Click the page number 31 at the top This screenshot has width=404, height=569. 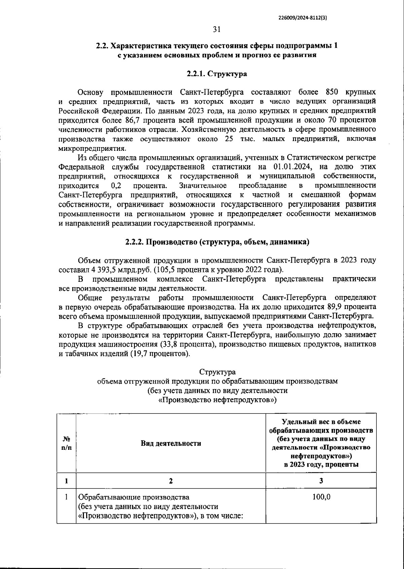[x=216, y=30]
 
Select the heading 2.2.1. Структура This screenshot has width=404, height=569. [x=216, y=74]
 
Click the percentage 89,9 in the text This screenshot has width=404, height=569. [x=335, y=307]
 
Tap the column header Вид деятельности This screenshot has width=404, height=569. [x=171, y=443]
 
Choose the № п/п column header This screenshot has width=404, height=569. [x=67, y=443]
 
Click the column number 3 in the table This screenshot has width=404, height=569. [x=321, y=481]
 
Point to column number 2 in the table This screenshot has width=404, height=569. [x=171, y=481]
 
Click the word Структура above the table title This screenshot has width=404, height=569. [x=217, y=372]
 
